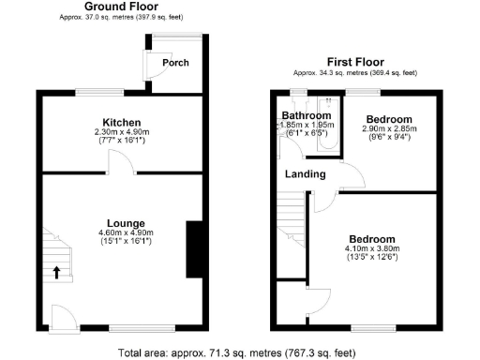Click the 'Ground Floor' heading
tap(120, 7)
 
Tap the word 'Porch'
tap(175, 63)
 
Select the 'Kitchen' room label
tap(122, 123)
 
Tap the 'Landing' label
tap(306, 174)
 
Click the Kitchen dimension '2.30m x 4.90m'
tap(122, 133)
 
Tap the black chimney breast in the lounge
tap(195, 248)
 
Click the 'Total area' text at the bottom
tap(237, 352)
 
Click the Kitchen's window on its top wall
tap(98, 91)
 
